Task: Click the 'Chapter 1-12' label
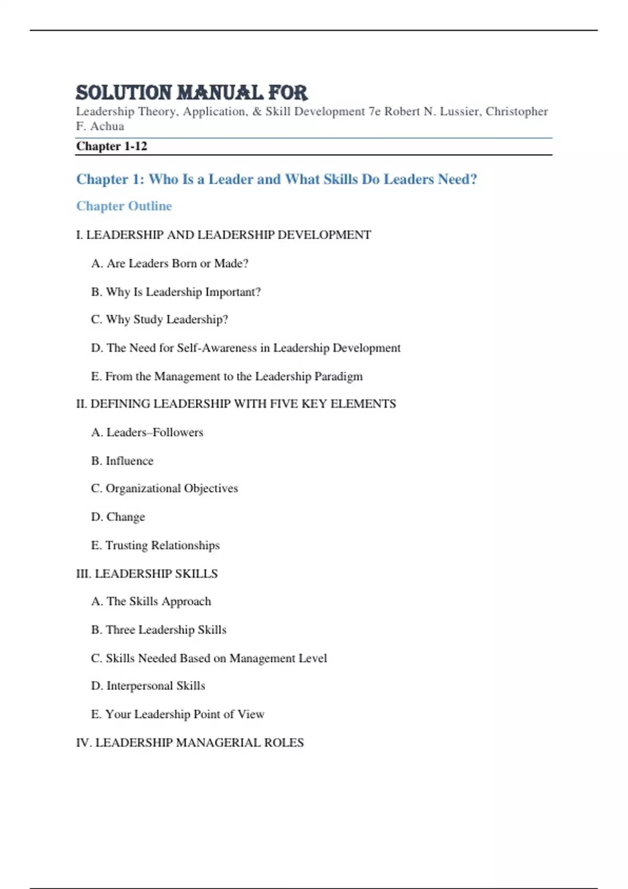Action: point(111,146)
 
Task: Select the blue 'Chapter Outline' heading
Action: point(124,206)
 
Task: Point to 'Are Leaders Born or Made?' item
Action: point(170,264)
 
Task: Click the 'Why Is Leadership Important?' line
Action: point(176,292)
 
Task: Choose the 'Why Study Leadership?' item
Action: point(160,320)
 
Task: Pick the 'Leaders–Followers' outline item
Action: point(147,432)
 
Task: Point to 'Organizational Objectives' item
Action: point(164,488)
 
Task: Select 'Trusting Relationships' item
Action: point(155,545)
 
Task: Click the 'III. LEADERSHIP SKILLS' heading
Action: point(147,574)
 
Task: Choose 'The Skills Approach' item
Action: point(151,601)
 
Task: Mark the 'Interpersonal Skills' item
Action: point(148,686)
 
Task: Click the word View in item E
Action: point(251,714)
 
